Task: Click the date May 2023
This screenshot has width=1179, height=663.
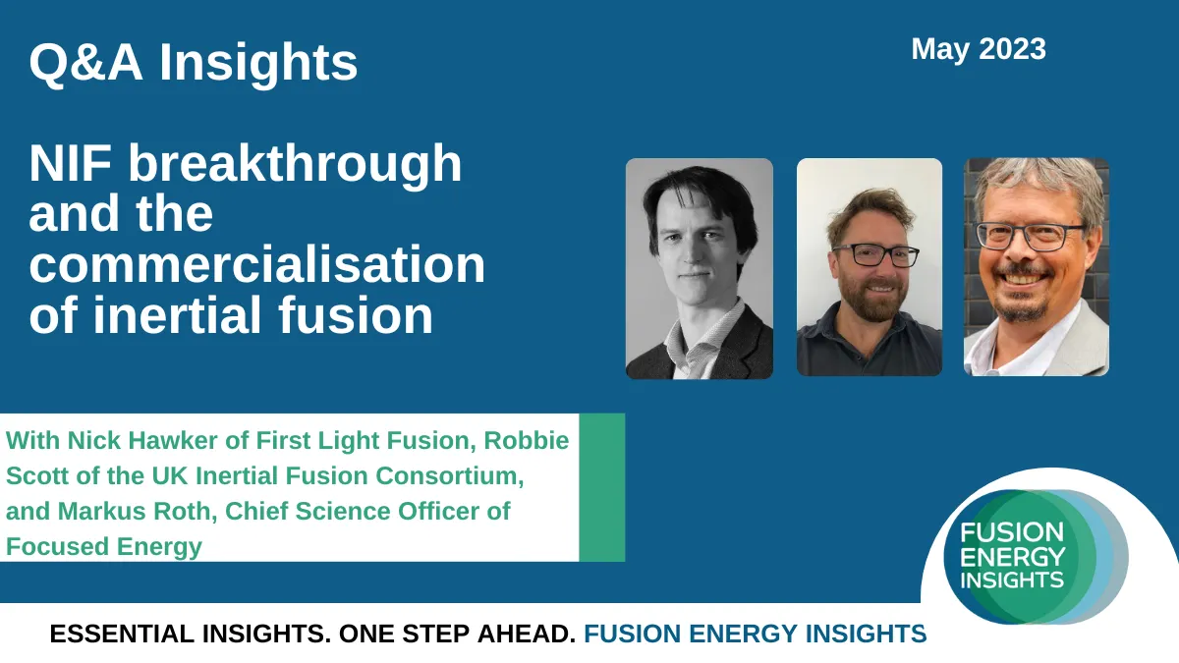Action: [x=979, y=49]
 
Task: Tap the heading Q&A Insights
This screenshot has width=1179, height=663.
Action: [x=194, y=62]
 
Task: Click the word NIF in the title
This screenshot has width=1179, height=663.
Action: [x=71, y=163]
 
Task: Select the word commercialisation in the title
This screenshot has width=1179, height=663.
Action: [x=256, y=264]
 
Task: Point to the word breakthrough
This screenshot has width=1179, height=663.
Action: [x=295, y=163]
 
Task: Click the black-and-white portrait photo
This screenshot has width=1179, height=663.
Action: [x=699, y=268]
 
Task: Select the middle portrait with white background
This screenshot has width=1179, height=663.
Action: [x=869, y=267]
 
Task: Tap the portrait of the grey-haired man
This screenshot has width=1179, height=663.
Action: [x=1036, y=267]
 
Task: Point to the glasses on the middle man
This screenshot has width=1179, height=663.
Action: [x=876, y=255]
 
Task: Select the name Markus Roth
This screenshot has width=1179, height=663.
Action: [x=135, y=511]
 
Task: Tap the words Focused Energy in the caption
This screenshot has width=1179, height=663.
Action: [x=104, y=547]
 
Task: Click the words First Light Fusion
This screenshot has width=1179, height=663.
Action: [x=365, y=440]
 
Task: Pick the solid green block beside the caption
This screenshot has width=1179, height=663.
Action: [x=602, y=487]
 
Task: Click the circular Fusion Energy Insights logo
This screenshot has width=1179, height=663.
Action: [x=1035, y=557]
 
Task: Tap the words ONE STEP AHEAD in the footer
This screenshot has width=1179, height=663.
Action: [x=458, y=635]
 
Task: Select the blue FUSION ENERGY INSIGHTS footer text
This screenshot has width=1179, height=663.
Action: [x=756, y=635]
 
